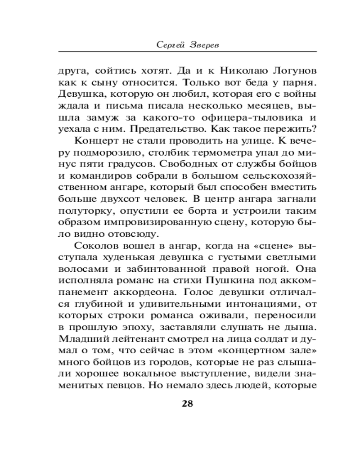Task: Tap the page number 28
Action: click(187, 403)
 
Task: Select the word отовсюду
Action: click(135, 234)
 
